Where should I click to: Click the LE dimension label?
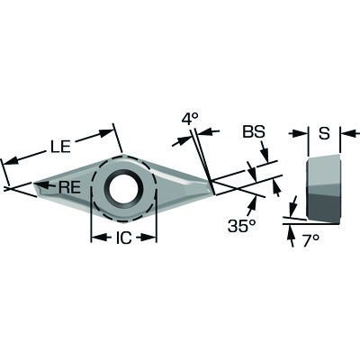click(x=60, y=147)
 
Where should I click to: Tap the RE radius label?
click(x=69, y=187)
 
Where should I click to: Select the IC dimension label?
click(x=123, y=238)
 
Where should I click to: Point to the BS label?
click(x=254, y=131)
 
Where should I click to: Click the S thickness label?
click(x=324, y=133)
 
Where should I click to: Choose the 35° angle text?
click(x=241, y=226)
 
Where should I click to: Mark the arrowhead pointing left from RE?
click(x=40, y=184)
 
